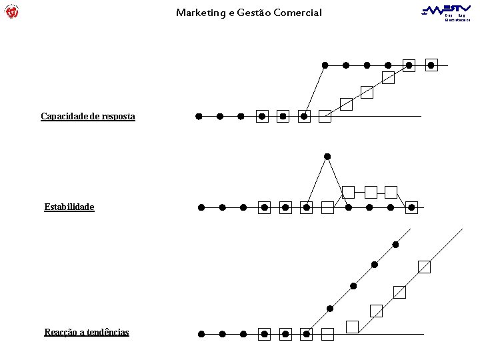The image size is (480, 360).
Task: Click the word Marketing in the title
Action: click(198, 13)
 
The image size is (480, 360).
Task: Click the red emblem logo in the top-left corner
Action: click(11, 11)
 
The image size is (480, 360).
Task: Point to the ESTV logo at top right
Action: click(447, 11)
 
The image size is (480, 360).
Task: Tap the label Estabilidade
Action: click(69, 207)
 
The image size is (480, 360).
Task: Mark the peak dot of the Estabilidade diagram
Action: click(327, 157)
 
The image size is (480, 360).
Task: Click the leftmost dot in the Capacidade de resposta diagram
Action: click(199, 116)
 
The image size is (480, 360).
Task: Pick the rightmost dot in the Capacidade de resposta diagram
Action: click(431, 65)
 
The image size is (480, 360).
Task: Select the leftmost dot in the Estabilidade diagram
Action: click(201, 207)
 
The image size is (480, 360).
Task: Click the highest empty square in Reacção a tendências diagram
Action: click(424, 267)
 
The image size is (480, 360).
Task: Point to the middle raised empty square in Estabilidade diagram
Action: click(371, 192)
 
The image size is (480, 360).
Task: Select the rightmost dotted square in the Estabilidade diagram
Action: click(412, 207)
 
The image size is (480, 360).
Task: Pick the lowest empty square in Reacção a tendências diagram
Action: click(352, 327)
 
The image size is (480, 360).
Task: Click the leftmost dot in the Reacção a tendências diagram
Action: click(201, 333)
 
